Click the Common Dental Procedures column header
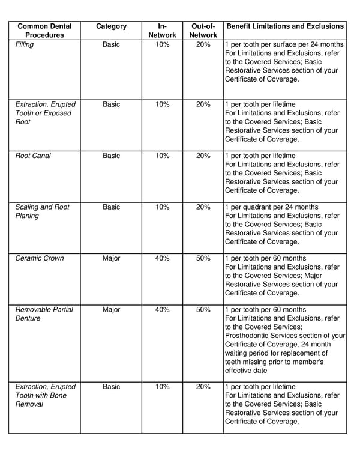[44, 31]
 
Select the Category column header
[111, 26]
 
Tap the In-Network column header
[162, 31]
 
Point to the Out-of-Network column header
[203, 31]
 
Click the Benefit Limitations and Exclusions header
[284, 26]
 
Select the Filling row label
[25, 44]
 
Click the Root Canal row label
[33, 156]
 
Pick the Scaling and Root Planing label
[42, 211]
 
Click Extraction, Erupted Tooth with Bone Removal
[45, 396]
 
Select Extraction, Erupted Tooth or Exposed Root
[45, 113]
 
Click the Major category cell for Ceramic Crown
[111, 258]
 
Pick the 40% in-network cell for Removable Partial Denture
[162, 310]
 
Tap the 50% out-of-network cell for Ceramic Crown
[203, 258]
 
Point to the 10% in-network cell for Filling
[162, 44]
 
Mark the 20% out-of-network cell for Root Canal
[203, 156]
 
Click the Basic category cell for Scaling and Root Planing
[111, 207]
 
